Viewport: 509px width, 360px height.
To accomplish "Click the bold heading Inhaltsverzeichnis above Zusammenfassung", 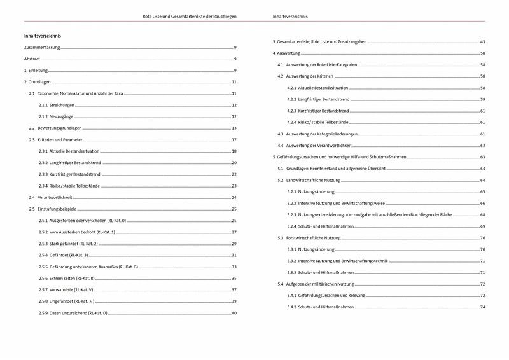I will pos(42,36).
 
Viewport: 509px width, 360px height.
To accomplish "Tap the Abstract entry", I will pos(32,59).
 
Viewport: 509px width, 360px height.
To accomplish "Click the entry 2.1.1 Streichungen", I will pos(57,104).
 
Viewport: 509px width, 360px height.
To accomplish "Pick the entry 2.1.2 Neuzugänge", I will pos(57,116).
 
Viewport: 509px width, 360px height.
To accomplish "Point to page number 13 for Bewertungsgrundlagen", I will pos(234,128).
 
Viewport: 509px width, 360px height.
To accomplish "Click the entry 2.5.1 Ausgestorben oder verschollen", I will pos(83,220).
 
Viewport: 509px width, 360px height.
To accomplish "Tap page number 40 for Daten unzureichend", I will pos(234,313).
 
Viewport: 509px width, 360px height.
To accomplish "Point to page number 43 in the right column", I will pos(483,41).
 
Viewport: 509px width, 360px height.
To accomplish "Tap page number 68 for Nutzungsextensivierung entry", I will pos(483,215).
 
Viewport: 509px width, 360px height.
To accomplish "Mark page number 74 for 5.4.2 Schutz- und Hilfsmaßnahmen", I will pos(483,307).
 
